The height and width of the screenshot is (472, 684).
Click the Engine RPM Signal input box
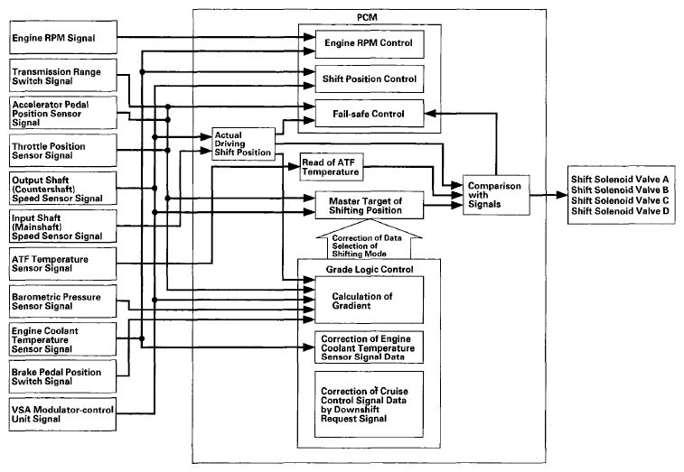coord(63,38)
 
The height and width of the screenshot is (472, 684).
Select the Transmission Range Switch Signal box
coord(63,76)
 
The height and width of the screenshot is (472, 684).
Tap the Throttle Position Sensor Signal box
coord(63,151)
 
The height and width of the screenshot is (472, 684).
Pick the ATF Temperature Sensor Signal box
coord(63,264)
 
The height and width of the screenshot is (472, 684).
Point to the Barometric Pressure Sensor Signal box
coord(63,301)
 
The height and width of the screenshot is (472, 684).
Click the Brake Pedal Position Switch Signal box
coord(63,376)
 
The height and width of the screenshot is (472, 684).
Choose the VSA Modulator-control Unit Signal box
coord(63,414)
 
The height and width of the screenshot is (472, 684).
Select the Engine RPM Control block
coord(370,44)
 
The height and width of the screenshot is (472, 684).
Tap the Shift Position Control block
coord(370,79)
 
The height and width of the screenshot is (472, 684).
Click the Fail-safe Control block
coord(370,114)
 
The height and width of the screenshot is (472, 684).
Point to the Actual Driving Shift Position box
coord(243,143)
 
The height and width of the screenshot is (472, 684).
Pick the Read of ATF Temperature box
coord(332,166)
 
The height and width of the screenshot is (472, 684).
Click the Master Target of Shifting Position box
coord(369,205)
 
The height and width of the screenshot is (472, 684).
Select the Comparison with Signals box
coord(496,195)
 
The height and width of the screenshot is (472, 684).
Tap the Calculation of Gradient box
coord(369,300)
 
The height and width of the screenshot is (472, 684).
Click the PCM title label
coord(367,17)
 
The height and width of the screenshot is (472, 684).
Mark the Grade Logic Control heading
coord(370,269)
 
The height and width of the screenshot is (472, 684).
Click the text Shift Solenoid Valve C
coord(620,200)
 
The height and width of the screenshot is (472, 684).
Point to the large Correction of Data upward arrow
coord(369,239)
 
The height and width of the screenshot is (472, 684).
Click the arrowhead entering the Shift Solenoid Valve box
coord(562,195)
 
